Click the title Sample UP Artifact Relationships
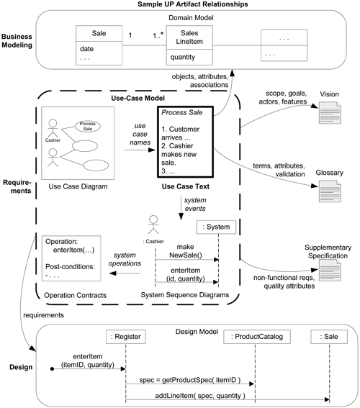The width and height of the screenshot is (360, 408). tap(181, 5)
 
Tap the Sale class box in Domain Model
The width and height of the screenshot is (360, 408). tap(99, 45)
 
